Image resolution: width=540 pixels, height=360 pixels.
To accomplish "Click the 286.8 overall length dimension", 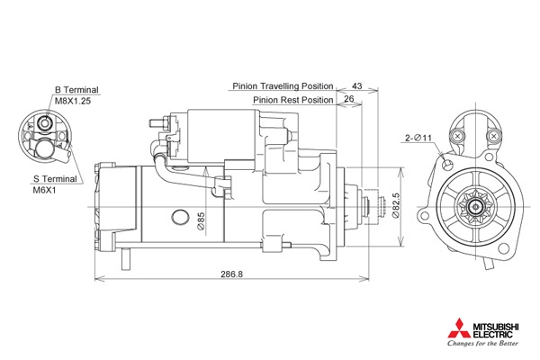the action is point(232,274).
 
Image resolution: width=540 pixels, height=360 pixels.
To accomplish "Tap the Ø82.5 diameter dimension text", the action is point(396,205).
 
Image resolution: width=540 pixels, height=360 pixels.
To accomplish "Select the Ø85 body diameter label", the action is point(201,220).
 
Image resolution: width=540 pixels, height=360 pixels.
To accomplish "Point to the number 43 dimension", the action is point(357,85).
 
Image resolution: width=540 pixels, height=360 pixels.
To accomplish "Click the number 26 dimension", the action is point(349,99).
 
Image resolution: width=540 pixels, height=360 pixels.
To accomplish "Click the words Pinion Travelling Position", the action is point(283,86).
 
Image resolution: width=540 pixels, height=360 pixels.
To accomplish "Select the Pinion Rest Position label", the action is point(293,100).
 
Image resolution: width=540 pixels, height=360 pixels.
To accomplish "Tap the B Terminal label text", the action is point(76,90).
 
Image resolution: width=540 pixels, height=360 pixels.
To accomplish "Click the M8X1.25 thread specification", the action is point(73,102).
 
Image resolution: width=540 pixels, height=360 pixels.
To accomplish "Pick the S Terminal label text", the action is point(55,179).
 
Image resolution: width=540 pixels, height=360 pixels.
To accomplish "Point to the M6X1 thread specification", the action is point(44,191).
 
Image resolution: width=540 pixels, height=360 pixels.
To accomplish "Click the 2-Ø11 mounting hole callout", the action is point(418,138).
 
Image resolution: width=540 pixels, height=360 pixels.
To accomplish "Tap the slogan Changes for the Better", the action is point(482,344).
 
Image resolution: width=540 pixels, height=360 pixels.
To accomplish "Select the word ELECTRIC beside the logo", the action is point(492,335).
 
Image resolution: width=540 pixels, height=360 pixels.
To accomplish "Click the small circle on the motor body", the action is point(180,217).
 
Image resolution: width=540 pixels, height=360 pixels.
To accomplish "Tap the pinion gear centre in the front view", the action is point(475,207).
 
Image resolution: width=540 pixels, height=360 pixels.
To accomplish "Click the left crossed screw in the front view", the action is point(458,136).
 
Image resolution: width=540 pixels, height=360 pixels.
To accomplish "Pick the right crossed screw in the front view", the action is point(493,136).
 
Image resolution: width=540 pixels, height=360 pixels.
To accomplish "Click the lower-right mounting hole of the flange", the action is point(504,248).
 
